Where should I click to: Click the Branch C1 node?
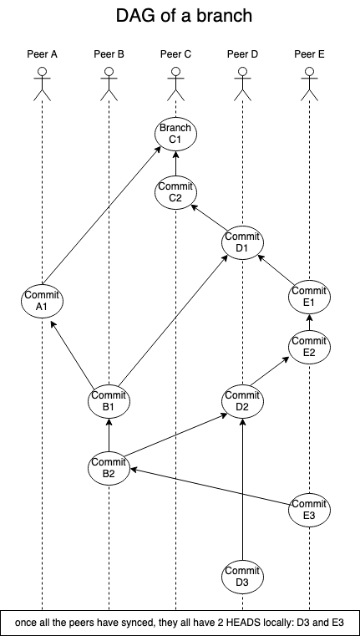pyautogui.click(x=175, y=134)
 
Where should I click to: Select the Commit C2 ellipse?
pyautogui.click(x=175, y=192)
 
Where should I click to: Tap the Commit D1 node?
pyautogui.click(x=242, y=242)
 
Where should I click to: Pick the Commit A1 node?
pyautogui.click(x=42, y=300)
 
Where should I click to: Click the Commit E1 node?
pyautogui.click(x=309, y=297)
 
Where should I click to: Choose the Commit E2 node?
pyautogui.click(x=309, y=347)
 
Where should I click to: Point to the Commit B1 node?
pyautogui.click(x=109, y=401)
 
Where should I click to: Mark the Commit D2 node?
pyautogui.click(x=242, y=401)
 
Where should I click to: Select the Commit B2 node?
pyautogui.click(x=109, y=468)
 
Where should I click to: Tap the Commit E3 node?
pyautogui.click(x=309, y=510)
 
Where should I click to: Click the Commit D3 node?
pyautogui.click(x=242, y=577)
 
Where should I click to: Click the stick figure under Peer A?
pyautogui.click(x=42, y=84)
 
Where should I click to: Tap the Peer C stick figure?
pyautogui.click(x=175, y=84)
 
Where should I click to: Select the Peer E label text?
pyautogui.click(x=309, y=54)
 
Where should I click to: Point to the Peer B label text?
pyautogui.click(x=109, y=54)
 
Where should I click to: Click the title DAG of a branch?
pyautogui.click(x=184, y=16)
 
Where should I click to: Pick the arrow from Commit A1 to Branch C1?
pyautogui.click(x=101, y=216)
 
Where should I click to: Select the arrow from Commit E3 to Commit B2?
pyautogui.click(x=210, y=487)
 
